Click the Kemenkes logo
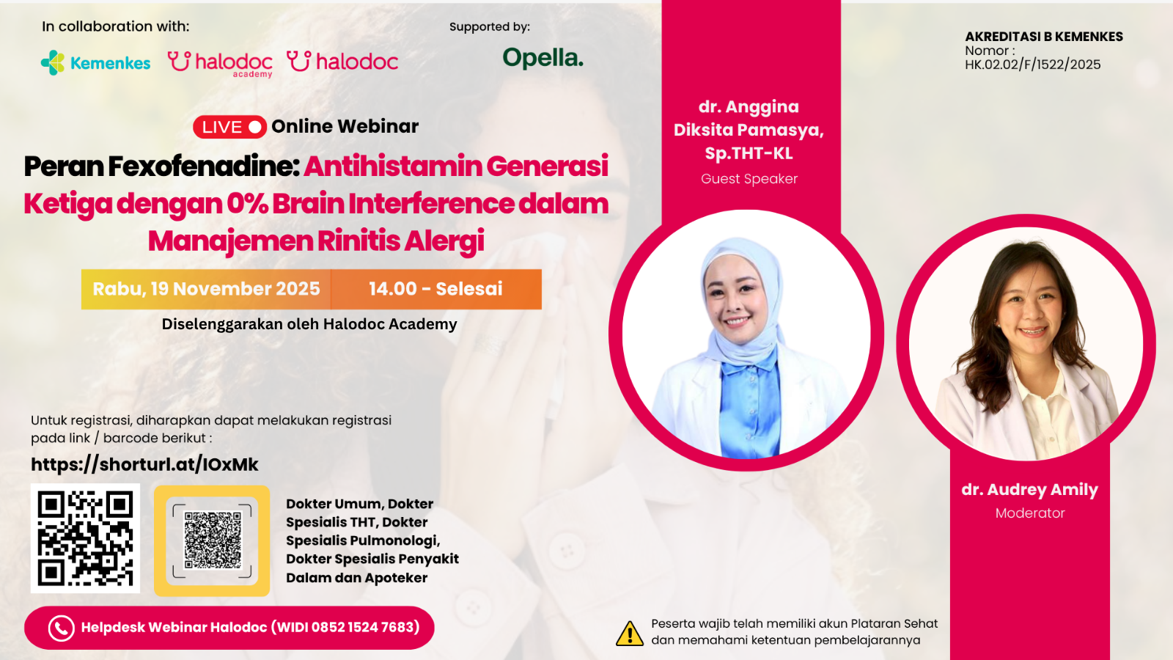96,63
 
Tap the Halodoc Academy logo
220,63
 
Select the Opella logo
543,58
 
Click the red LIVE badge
229,127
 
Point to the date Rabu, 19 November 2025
206,289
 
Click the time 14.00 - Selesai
435,289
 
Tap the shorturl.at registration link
144,464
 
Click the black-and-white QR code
85,538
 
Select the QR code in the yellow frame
212,540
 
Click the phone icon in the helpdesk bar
62,628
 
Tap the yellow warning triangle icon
629,634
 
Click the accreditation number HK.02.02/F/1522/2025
1032,65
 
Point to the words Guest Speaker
749,179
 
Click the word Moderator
1029,513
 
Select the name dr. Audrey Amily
1029,489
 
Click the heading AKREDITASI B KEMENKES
1043,37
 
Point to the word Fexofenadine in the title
204,166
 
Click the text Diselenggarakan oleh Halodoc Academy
309,324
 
